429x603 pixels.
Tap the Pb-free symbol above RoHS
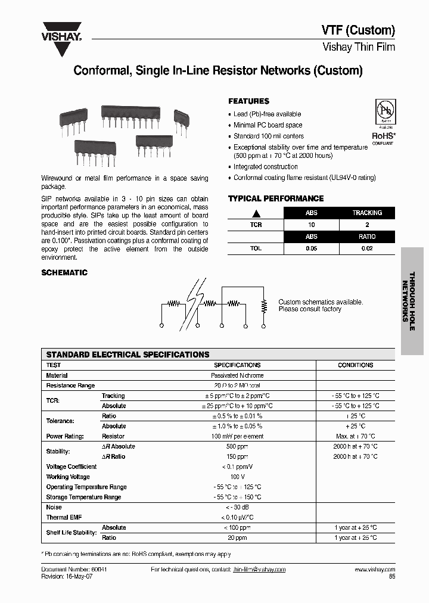point(386,112)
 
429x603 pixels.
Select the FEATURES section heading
point(248,101)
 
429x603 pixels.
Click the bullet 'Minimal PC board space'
point(268,125)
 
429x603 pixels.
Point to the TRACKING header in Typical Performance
point(366,213)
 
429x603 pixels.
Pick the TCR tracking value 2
point(366,225)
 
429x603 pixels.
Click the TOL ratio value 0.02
point(366,248)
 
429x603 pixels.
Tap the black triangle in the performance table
point(256,213)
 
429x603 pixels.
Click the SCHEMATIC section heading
point(64,272)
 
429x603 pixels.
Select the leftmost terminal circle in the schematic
point(162,326)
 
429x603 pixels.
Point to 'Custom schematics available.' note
point(321,302)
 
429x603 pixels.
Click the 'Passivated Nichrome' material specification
point(237,375)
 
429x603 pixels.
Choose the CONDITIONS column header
point(355,365)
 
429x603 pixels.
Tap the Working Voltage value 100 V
point(237,477)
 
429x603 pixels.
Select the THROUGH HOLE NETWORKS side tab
point(412,301)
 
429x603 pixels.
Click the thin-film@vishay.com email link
point(259,570)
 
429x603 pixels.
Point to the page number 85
point(391,577)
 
